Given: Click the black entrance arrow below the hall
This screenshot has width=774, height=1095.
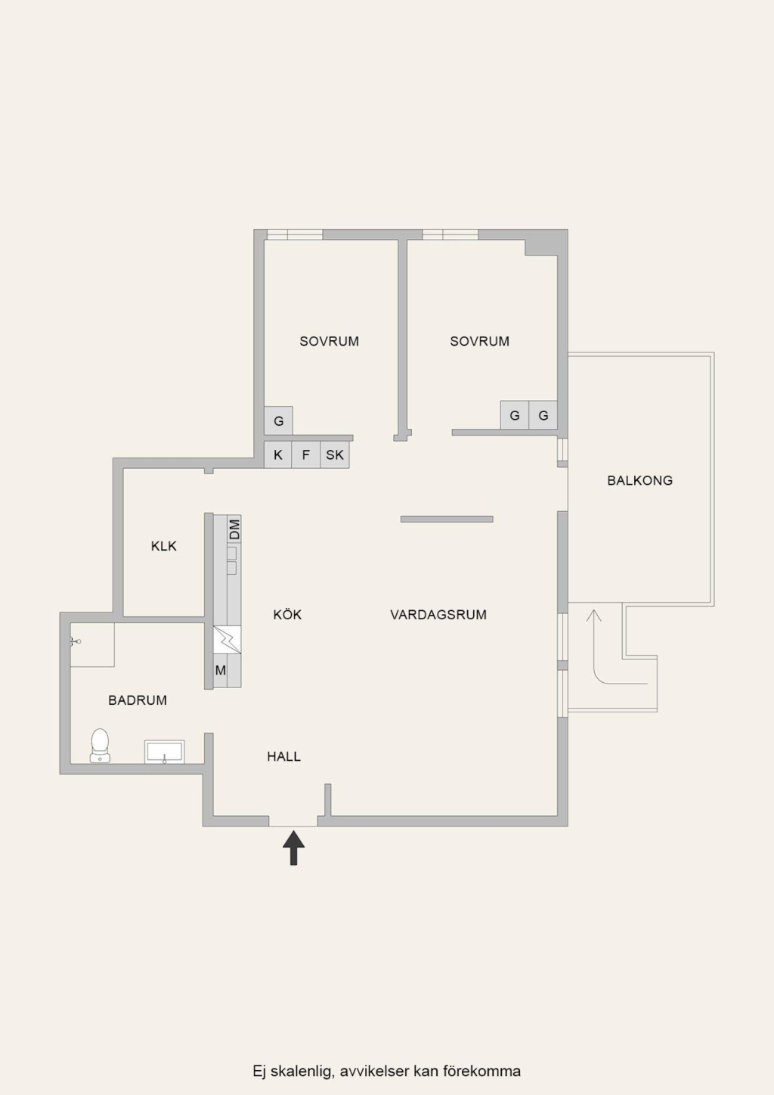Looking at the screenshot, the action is tap(294, 848).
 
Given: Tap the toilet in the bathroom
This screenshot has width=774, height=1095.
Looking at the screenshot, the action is tap(101, 745).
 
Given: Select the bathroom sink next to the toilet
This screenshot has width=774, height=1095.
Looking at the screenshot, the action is tap(164, 752).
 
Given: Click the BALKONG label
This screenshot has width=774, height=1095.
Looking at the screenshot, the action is tap(639, 480).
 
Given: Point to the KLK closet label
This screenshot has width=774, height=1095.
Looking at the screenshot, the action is tap(164, 546).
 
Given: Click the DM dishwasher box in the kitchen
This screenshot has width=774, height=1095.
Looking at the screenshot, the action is tap(234, 529).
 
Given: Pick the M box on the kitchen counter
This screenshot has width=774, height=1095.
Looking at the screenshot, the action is tap(221, 670).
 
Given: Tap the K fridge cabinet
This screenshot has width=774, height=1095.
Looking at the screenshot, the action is tap(278, 455).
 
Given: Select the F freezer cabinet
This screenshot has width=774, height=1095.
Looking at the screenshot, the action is tap(306, 455).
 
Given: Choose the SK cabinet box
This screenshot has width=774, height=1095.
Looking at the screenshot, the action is tap(335, 455).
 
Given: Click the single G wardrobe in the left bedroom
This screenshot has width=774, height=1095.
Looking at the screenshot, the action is tap(278, 420).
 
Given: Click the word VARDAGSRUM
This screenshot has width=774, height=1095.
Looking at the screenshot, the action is tap(438, 615).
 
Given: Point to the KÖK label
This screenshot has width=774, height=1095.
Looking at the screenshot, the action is tap(287, 614).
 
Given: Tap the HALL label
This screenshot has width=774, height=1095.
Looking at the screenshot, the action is tap(284, 757).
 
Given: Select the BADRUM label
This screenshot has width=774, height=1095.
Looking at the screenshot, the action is tap(138, 700).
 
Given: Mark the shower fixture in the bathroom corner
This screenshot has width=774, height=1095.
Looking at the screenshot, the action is tap(75, 641).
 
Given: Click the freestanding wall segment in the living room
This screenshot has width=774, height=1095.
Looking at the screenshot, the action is tap(447, 520).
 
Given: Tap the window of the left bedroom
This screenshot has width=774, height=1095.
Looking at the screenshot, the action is tap(295, 234).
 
